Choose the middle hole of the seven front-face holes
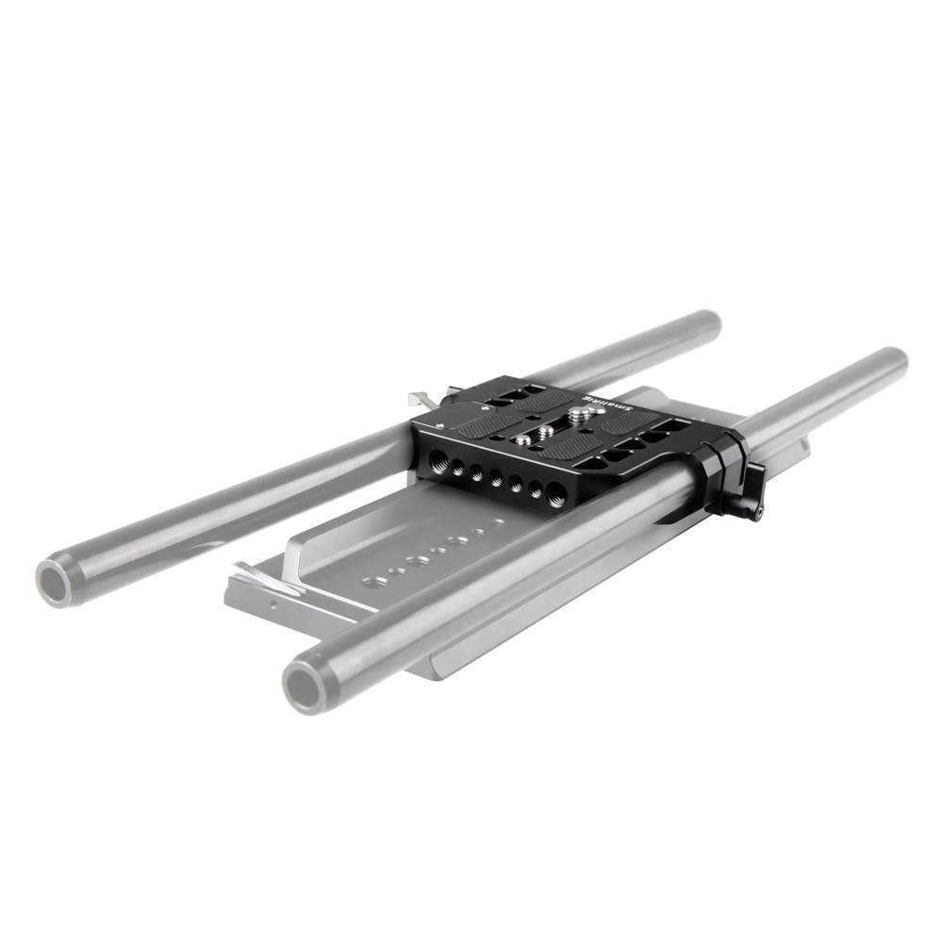click(496, 479)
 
